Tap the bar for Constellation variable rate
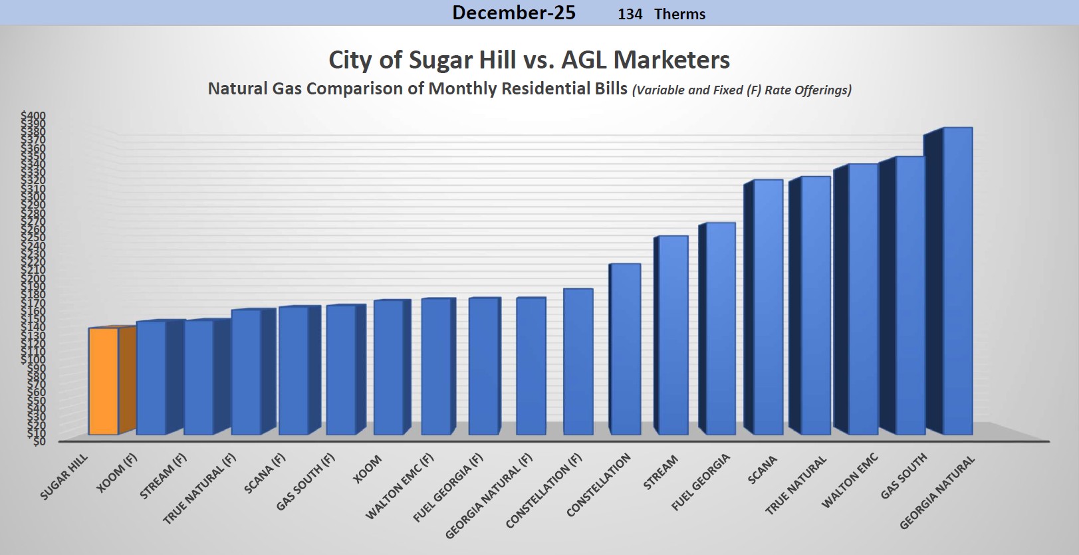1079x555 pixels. click(625, 349)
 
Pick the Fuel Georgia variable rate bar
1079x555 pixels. click(720, 328)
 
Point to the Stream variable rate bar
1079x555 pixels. click(673, 335)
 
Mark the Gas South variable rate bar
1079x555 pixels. click(910, 296)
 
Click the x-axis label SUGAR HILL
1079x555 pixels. click(64, 477)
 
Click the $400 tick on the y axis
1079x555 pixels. click(33, 116)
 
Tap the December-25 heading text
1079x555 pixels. click(514, 13)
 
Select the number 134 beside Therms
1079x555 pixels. click(630, 14)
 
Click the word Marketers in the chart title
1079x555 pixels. click(671, 60)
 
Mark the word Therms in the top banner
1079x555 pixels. click(679, 14)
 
